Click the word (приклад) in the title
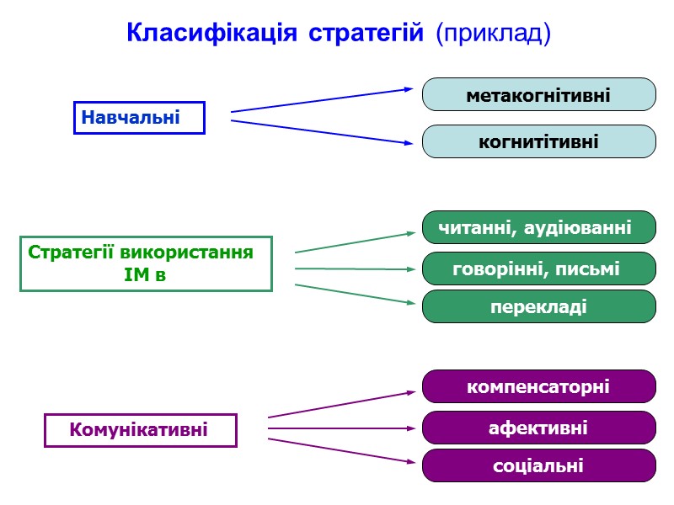(493, 34)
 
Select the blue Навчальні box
(139, 118)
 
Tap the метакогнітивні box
(538, 94)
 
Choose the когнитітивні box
(538, 141)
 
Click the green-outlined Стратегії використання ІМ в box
(146, 263)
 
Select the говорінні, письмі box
(538, 268)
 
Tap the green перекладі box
(538, 306)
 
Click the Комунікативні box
(140, 430)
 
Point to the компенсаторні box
(538, 386)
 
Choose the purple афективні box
(538, 428)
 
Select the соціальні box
(538, 465)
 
